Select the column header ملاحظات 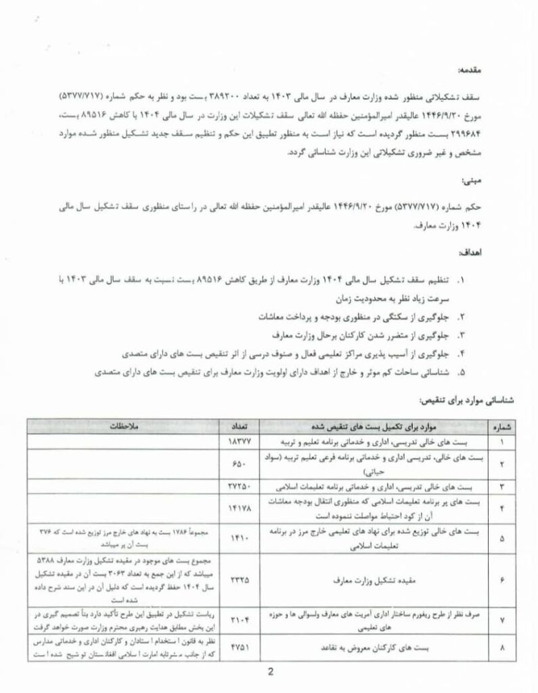click(125, 427)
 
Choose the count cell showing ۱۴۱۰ click(239, 537)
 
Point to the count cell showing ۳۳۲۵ click(239, 580)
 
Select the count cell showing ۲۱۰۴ click(239, 619)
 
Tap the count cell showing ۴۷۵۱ click(239, 647)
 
